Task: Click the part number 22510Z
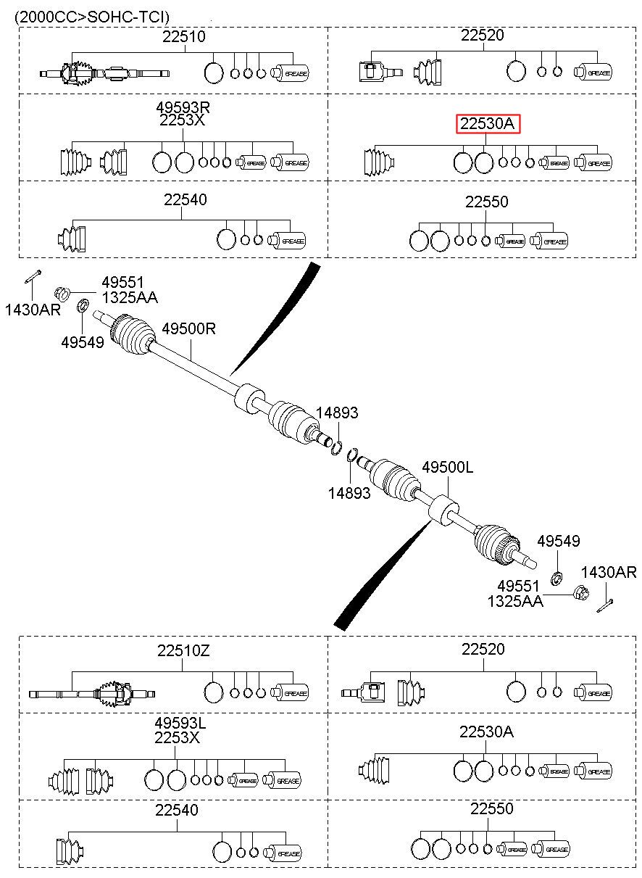coord(183,651)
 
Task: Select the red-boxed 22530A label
coord(488,124)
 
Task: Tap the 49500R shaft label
coord(189,328)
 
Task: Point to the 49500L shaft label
coord(447,467)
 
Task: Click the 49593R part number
coord(183,107)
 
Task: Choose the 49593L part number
coord(180,722)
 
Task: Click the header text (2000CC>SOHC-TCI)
coord(93,17)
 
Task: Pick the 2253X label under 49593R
coord(182,120)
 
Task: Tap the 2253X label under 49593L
coord(177,737)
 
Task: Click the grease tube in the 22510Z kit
coord(289,693)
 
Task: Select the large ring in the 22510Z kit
coord(214,692)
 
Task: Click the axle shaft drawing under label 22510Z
coord(92,694)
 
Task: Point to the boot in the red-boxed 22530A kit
coord(379,162)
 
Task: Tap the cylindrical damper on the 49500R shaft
coord(249,398)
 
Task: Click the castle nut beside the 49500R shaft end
coord(62,293)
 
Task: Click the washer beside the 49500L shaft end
coord(556,578)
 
